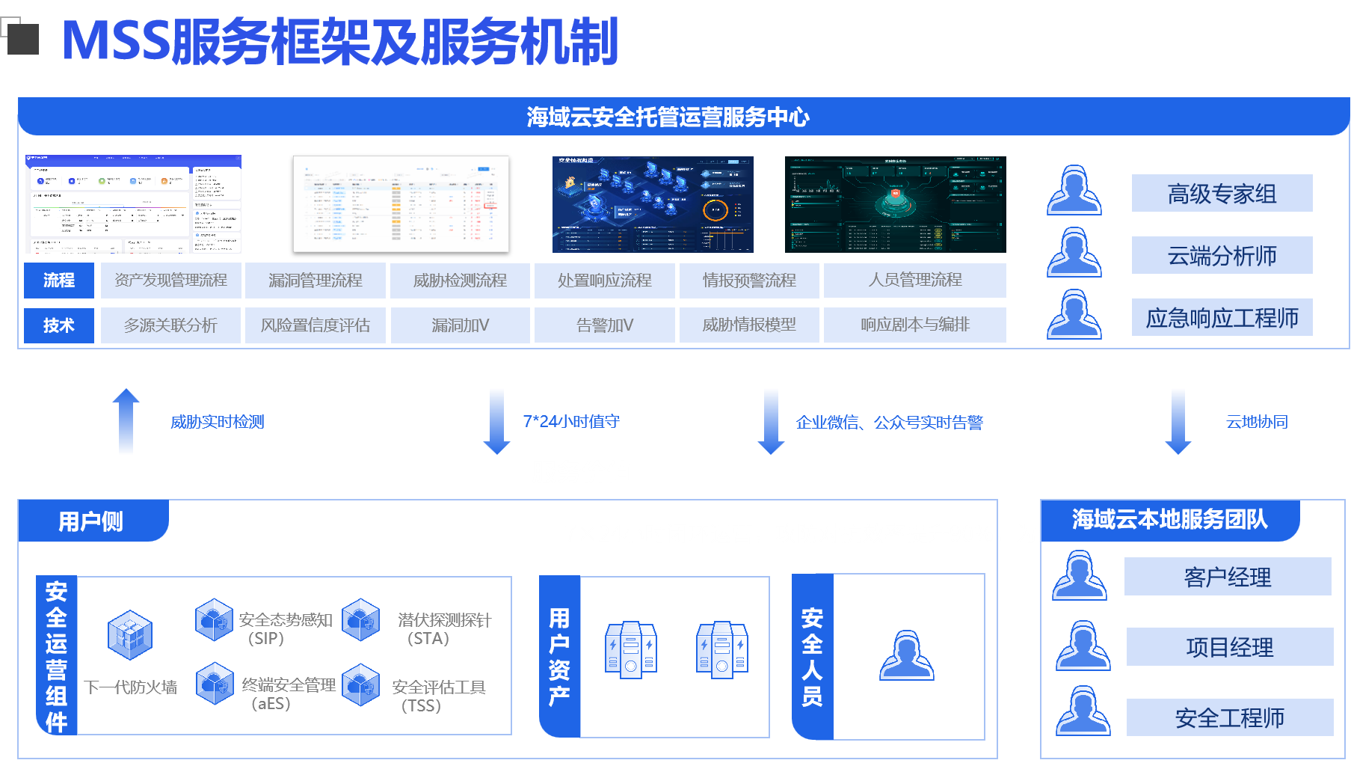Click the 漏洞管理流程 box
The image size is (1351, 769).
point(315,281)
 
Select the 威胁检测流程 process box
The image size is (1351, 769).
point(460,281)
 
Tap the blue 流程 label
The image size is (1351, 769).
point(59,281)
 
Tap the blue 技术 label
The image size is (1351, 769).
point(59,325)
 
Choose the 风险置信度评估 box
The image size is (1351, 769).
point(315,325)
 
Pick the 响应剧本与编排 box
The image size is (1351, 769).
point(914,325)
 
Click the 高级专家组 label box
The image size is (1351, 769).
point(1222,194)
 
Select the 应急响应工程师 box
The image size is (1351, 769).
point(1222,318)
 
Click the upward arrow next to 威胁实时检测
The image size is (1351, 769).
point(126,420)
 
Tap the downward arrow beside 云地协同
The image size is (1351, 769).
point(1178,421)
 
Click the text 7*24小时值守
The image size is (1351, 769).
point(571,421)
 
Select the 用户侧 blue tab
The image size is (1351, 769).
point(91,521)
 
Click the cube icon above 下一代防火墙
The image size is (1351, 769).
point(130,635)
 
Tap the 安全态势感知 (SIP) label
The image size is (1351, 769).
point(285,628)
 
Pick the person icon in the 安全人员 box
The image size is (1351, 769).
point(906,656)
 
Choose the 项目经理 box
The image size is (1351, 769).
point(1229,647)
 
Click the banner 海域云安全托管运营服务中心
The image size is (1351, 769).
point(668,117)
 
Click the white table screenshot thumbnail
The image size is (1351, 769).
point(401,203)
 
